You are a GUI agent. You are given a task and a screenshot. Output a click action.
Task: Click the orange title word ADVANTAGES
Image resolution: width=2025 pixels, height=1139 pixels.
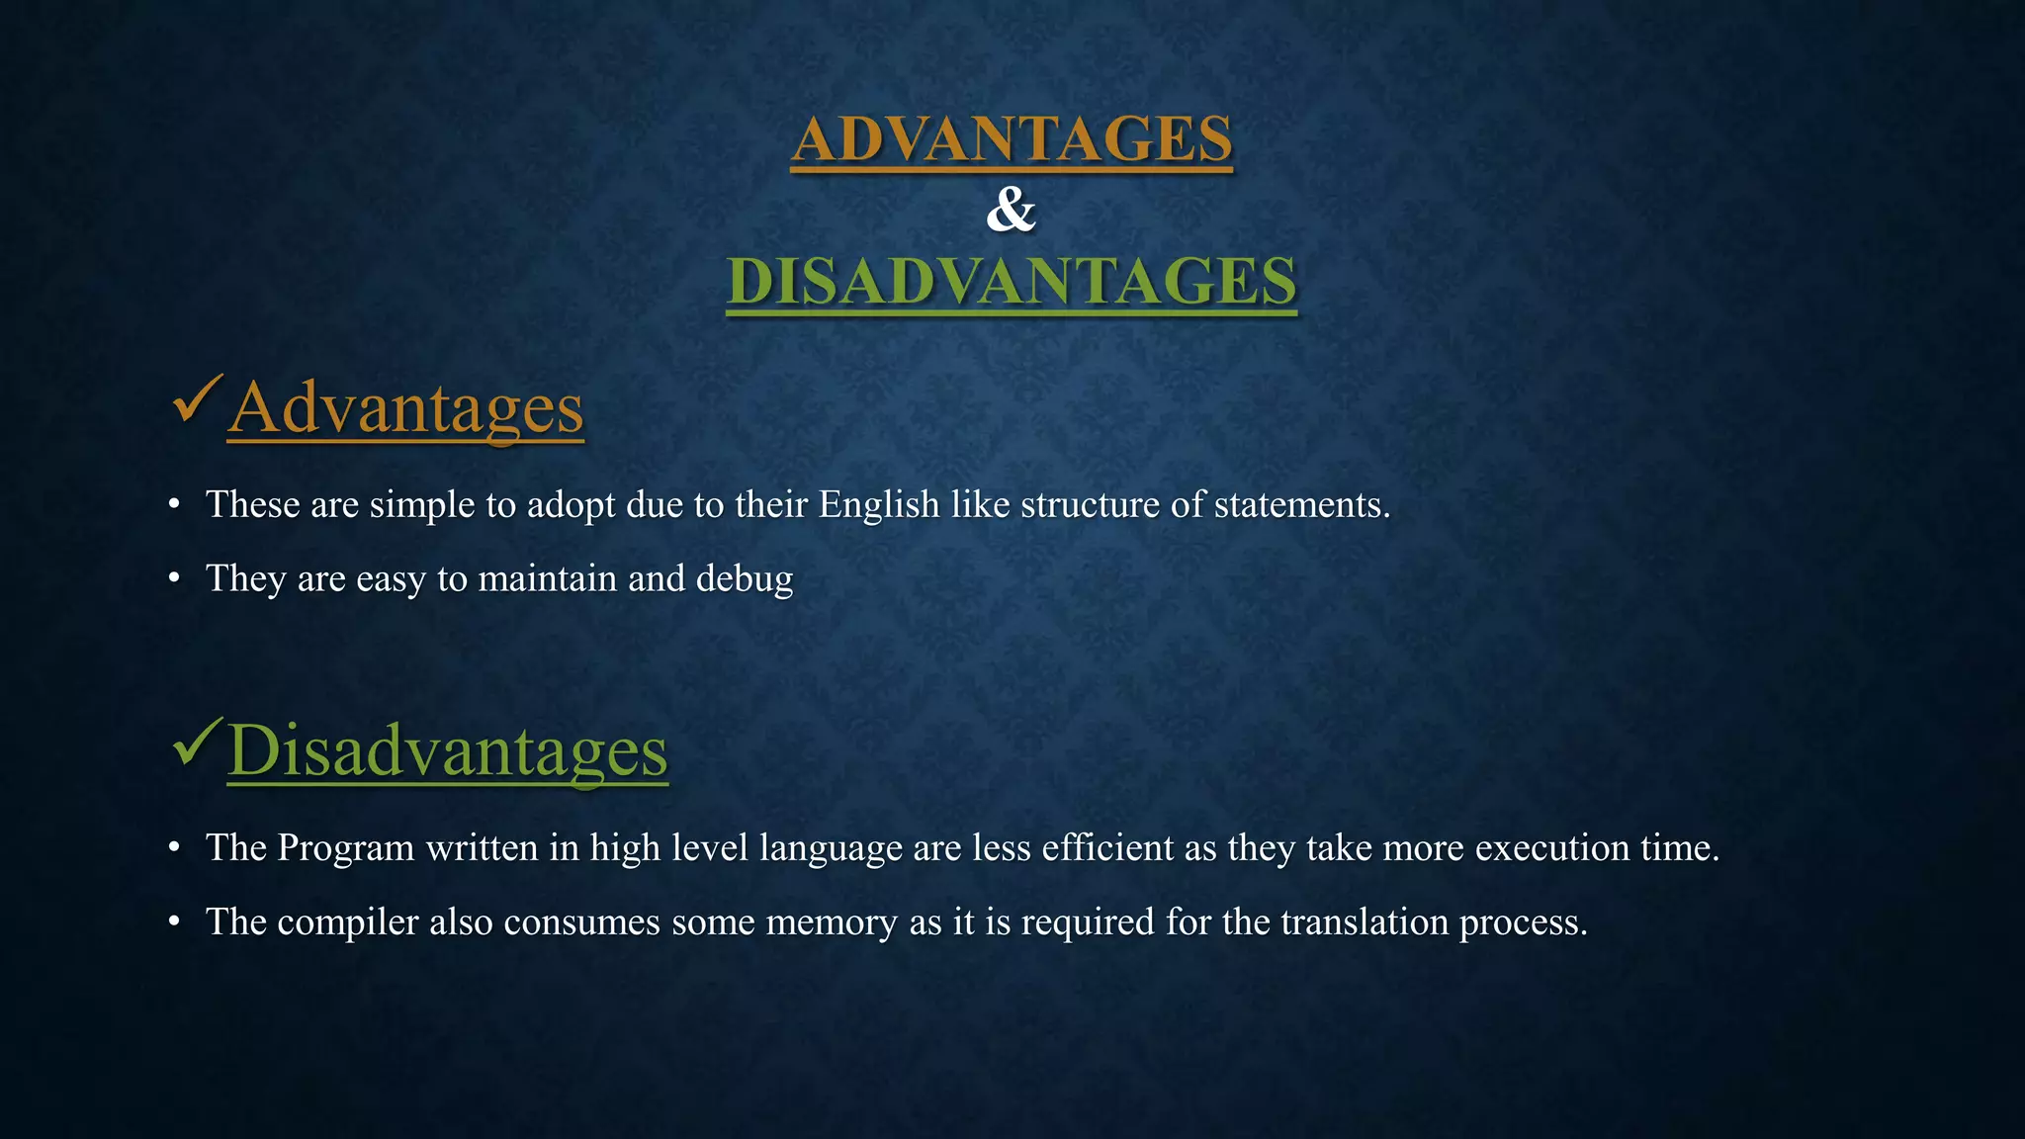click(1012, 138)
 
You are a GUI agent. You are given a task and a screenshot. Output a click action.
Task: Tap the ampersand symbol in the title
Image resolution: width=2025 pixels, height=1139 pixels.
click(1011, 210)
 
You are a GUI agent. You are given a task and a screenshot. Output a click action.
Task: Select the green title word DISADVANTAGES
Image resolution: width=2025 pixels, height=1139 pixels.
click(1012, 281)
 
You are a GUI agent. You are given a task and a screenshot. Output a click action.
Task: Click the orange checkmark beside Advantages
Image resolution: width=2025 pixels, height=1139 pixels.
click(196, 399)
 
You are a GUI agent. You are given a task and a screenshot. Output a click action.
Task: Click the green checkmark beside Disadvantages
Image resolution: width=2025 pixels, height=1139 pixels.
click(196, 744)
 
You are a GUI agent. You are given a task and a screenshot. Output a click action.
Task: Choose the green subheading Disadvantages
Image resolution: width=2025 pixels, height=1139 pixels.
click(448, 750)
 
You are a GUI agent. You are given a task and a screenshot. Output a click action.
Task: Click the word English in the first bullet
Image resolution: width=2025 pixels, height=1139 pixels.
click(878, 504)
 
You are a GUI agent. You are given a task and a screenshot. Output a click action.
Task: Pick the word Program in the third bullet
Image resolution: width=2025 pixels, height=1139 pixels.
click(345, 848)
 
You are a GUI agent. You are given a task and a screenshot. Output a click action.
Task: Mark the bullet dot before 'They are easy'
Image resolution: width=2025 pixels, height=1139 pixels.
click(174, 579)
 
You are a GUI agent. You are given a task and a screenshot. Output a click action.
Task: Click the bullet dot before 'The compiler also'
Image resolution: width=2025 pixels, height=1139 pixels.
click(174, 922)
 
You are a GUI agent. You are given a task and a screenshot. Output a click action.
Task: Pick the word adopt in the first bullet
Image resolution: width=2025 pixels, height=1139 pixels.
click(571, 505)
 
